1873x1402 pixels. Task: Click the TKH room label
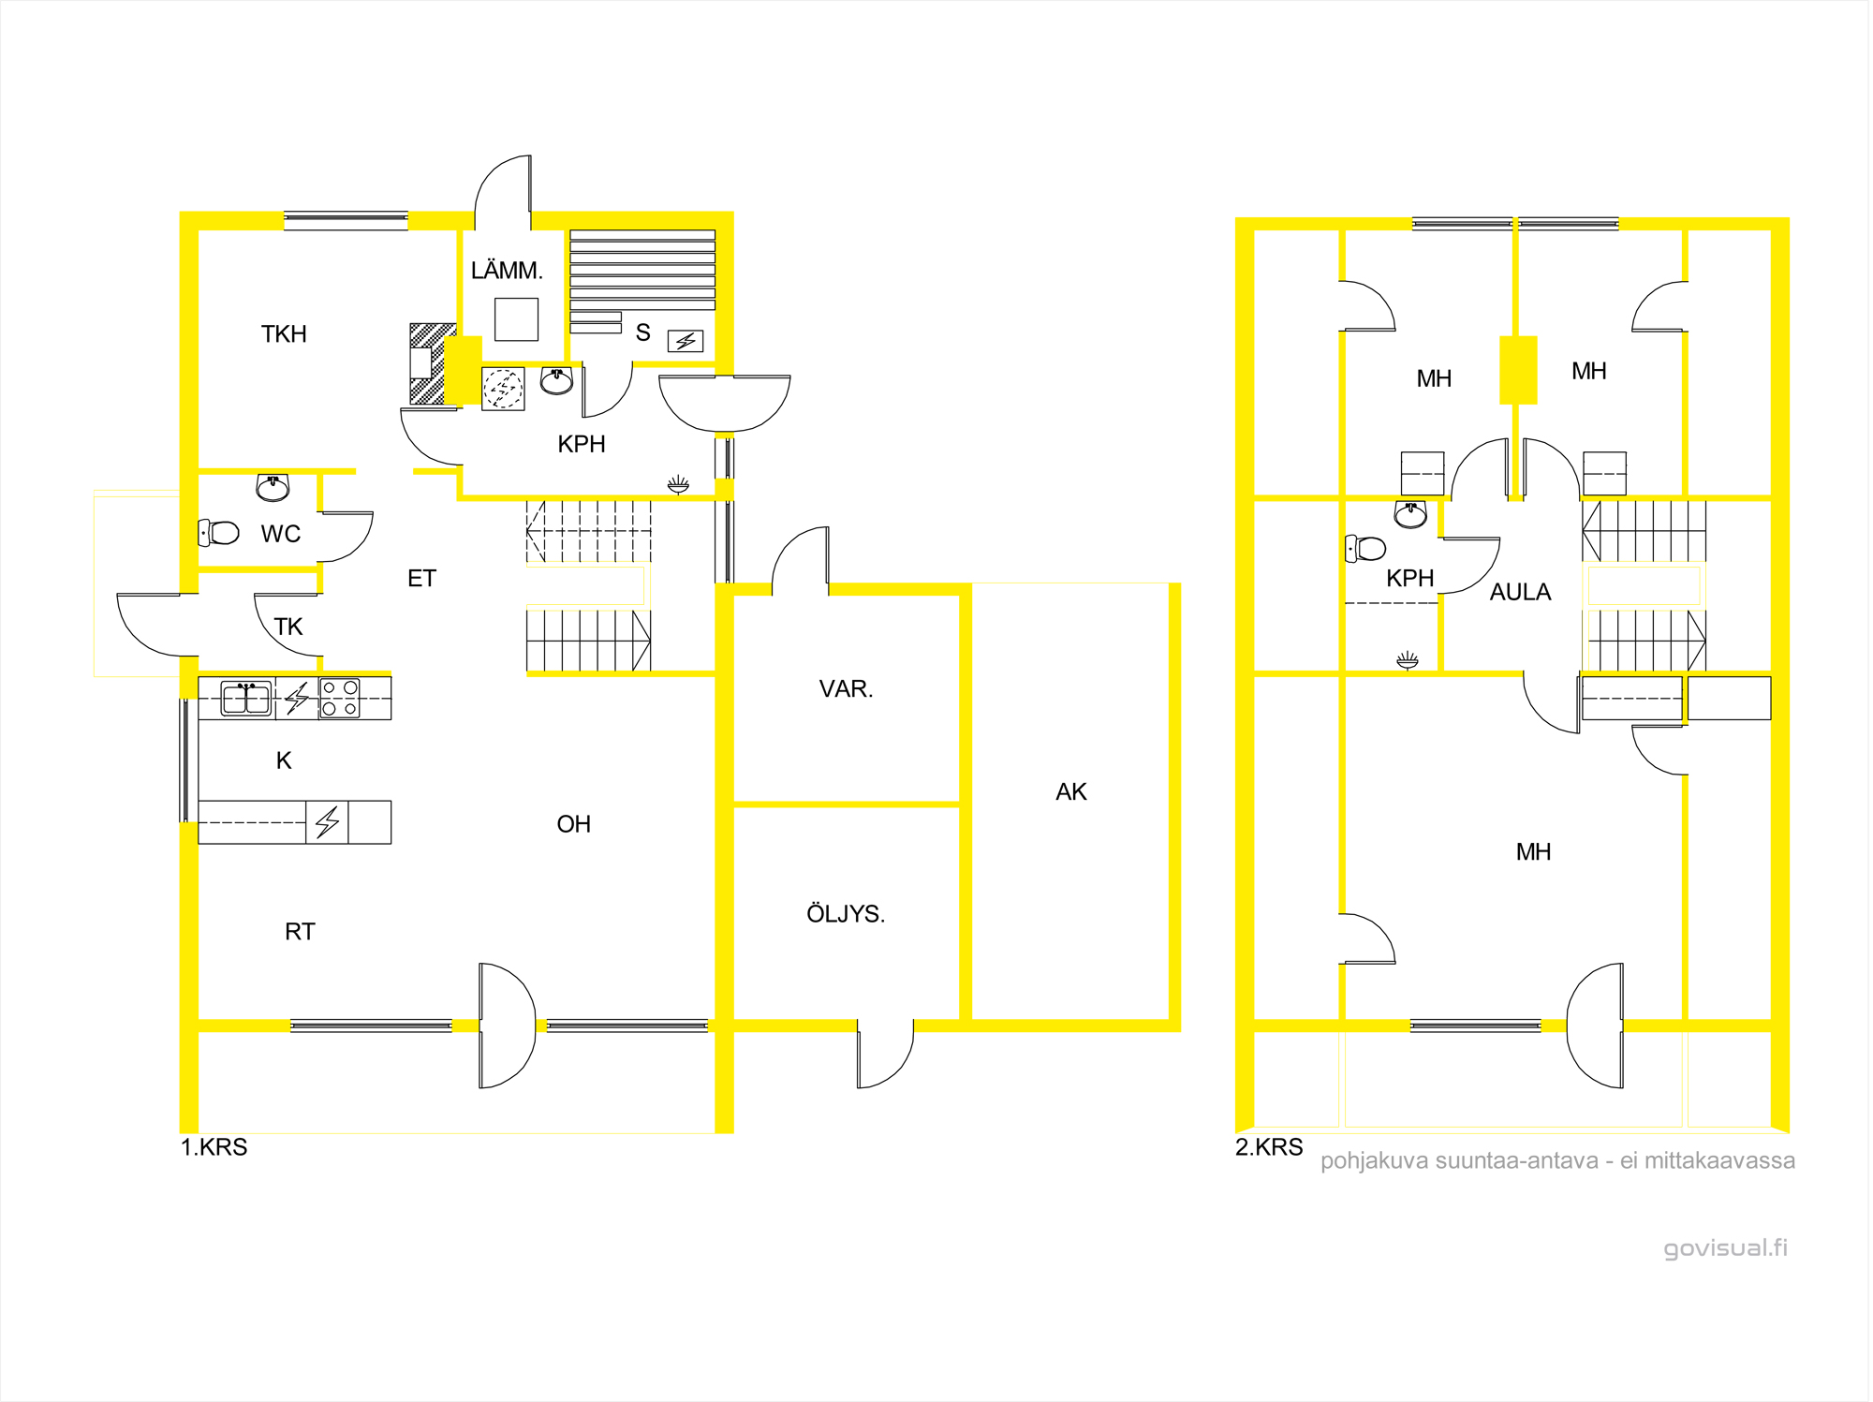click(284, 334)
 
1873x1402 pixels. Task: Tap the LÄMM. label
click(507, 271)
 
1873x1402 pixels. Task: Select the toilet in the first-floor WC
click(219, 533)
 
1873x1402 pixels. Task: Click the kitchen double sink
click(246, 699)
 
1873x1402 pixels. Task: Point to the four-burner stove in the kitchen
click(340, 699)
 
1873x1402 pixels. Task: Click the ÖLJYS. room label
click(846, 914)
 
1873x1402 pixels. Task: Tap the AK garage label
click(1071, 792)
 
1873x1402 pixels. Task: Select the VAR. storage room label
click(846, 689)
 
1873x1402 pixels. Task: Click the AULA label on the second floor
click(1521, 592)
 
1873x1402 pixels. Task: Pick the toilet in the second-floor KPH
click(1365, 548)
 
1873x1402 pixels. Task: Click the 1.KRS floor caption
click(214, 1147)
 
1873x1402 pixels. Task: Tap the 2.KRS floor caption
click(1269, 1147)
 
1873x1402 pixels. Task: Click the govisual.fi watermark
click(1725, 1248)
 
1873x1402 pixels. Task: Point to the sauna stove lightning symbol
click(686, 341)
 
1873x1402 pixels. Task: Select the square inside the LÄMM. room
click(517, 319)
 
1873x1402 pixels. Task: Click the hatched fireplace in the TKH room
click(433, 363)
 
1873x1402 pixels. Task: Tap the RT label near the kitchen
click(300, 932)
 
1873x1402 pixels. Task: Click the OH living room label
click(574, 824)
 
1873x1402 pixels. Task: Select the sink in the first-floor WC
click(273, 487)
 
